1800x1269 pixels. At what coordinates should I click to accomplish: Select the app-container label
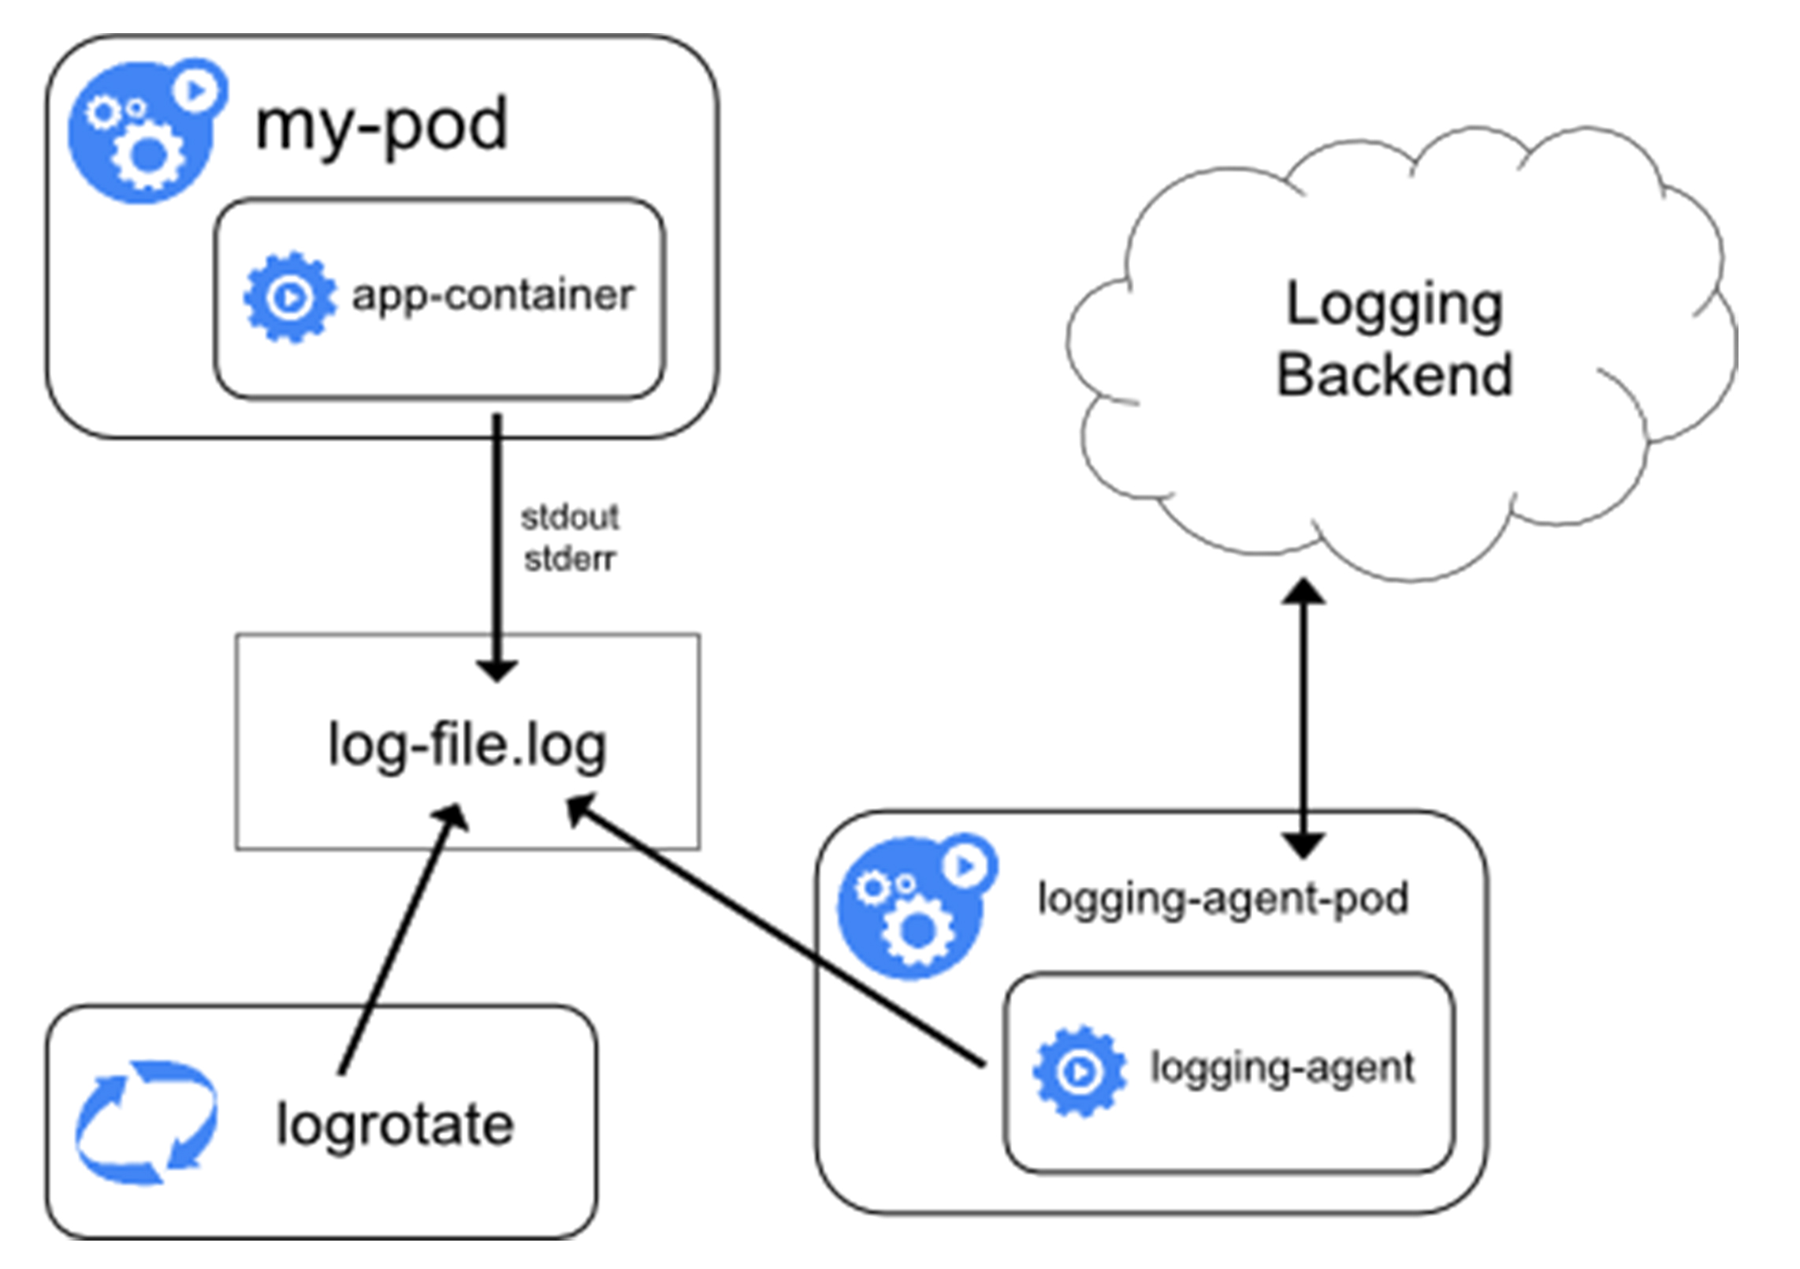pos(492,296)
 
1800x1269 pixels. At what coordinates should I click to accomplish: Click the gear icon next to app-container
pos(289,297)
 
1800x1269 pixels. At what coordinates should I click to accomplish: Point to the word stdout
pos(569,518)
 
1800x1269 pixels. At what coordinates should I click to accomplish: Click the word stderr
pos(569,559)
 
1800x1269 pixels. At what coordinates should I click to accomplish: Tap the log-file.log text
pos(467,745)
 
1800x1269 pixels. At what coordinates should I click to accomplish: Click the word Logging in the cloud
pos(1393,306)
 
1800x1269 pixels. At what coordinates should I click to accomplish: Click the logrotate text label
pos(394,1125)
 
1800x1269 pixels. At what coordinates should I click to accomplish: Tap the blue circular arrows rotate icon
pos(147,1122)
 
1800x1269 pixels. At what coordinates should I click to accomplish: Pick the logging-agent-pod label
pos(1222,899)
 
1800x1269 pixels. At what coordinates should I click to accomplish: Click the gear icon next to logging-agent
pos(1078,1070)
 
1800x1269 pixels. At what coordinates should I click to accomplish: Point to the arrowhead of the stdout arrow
pos(496,670)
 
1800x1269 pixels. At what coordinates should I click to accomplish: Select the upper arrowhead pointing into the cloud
pos(1303,591)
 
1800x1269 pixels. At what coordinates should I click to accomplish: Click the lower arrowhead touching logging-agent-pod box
pos(1303,847)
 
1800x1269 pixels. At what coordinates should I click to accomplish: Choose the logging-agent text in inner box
pos(1281,1069)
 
